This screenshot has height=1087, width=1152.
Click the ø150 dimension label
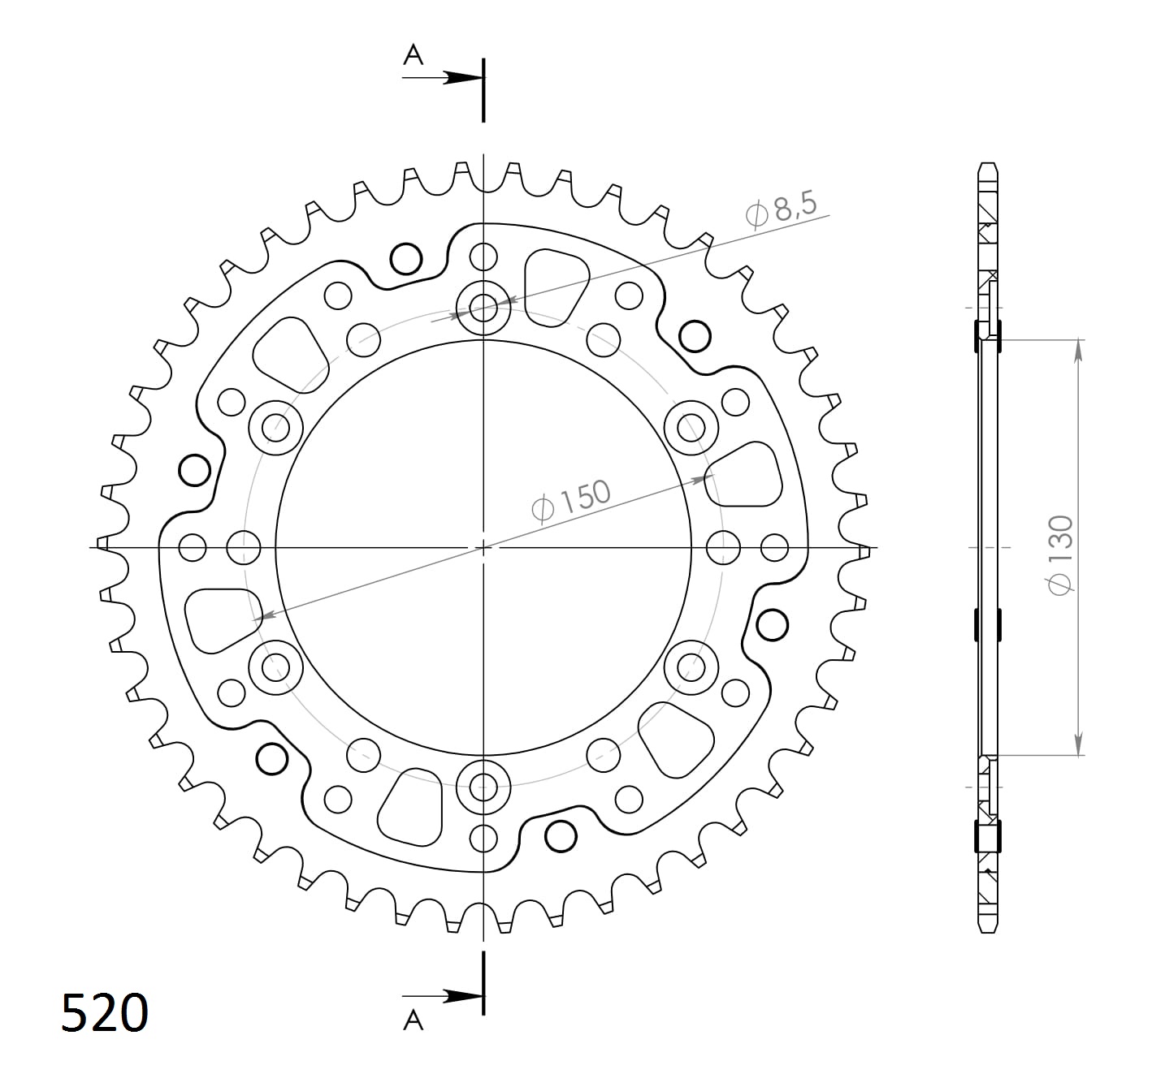pyautogui.click(x=571, y=500)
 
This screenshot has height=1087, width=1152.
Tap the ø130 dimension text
pyautogui.click(x=1061, y=554)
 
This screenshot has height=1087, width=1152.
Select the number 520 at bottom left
pyautogui.click(x=105, y=1013)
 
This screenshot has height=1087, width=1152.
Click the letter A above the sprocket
pyautogui.click(x=413, y=55)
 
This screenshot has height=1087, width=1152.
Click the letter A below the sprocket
pyautogui.click(x=413, y=1020)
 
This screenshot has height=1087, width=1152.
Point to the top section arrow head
pyautogui.click(x=463, y=77)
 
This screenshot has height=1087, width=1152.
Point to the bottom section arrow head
pyautogui.click(x=463, y=997)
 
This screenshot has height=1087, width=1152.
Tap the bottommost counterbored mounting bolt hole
pyautogui.click(x=483, y=787)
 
